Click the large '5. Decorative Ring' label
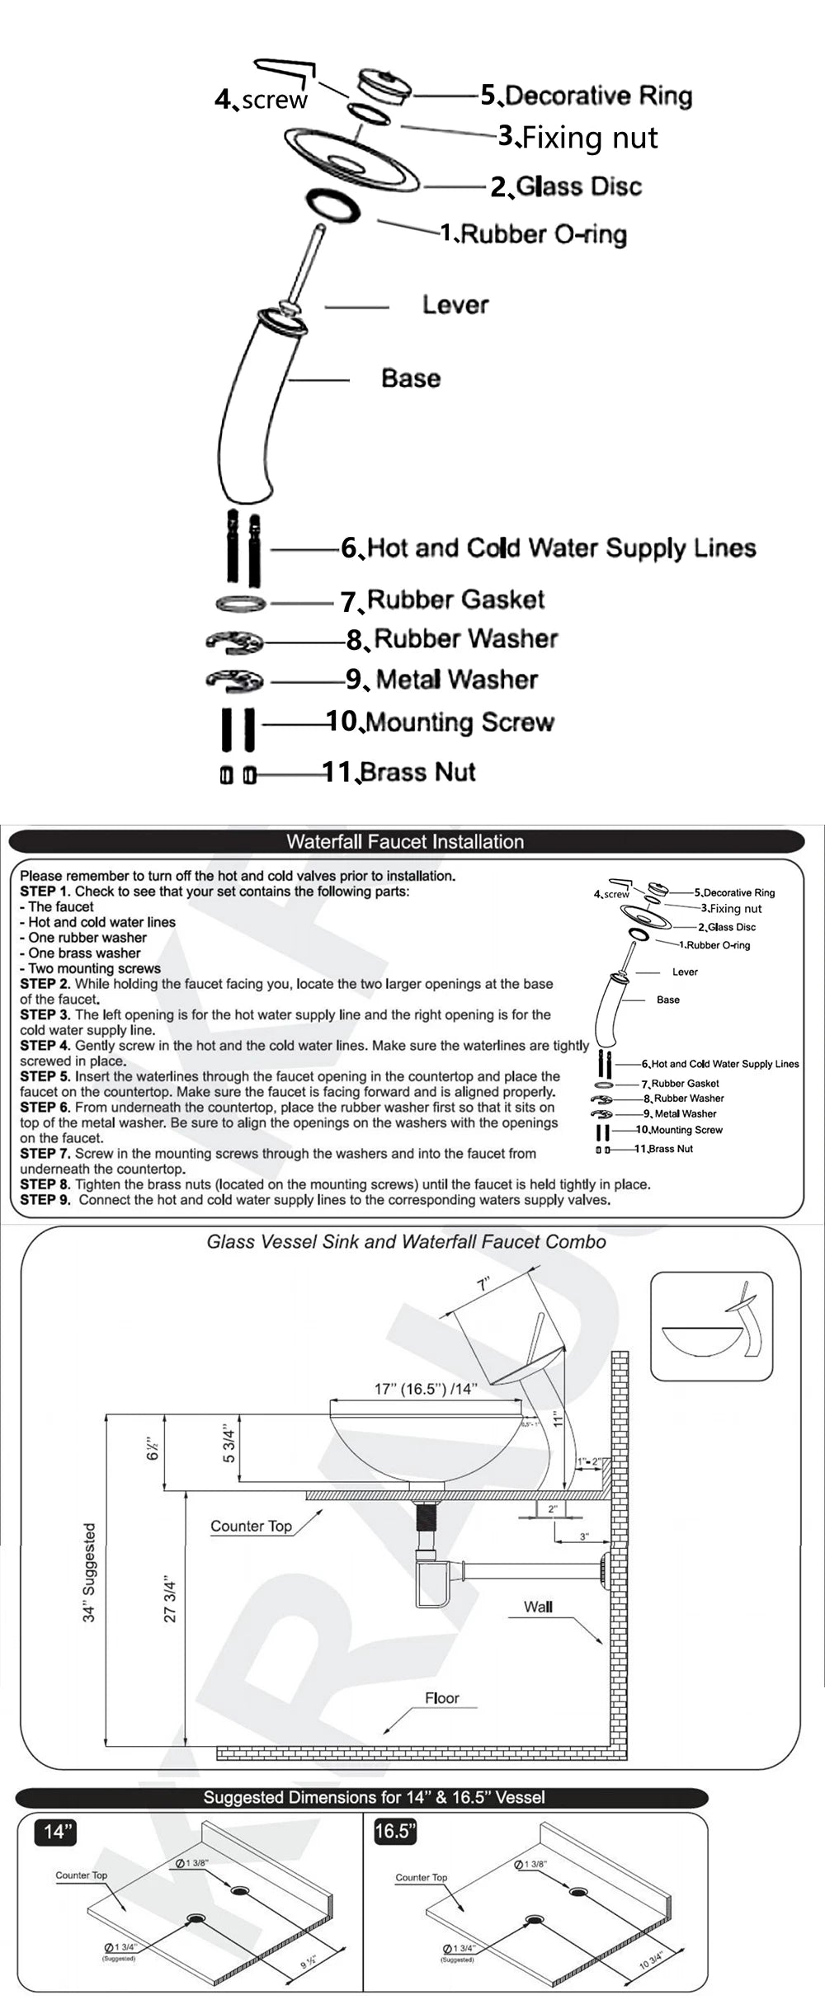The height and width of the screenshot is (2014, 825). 587,96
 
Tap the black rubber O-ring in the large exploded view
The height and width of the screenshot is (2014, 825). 333,205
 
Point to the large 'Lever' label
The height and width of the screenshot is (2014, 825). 455,304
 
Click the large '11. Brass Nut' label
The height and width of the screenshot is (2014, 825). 399,772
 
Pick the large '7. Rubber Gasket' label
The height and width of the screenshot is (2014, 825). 443,600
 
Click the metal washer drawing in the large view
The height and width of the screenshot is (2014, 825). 234,680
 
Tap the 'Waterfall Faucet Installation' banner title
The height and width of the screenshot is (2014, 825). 405,841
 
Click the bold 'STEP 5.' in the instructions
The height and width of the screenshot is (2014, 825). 45,1076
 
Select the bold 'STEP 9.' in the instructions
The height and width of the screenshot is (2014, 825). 45,1200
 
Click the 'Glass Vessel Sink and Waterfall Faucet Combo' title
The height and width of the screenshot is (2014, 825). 406,1242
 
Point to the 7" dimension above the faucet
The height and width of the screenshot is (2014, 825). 484,1283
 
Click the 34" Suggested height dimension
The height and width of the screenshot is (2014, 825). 89,1573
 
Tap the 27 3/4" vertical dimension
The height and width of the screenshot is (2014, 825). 171,1600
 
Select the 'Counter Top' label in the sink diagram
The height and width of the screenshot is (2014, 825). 251,1526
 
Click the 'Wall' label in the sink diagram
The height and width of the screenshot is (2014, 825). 538,1607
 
